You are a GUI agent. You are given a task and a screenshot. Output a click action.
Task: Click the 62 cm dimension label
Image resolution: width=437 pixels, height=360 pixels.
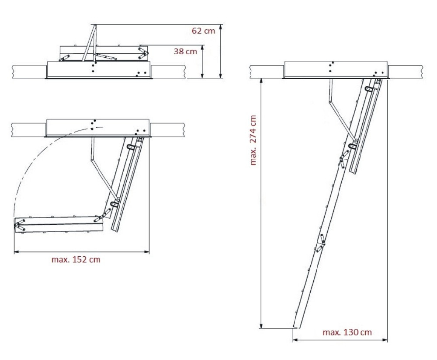(204, 31)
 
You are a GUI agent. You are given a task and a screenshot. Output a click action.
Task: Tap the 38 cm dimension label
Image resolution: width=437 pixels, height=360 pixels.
(185, 51)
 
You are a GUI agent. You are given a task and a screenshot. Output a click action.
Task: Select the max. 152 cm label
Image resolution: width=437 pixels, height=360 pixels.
(76, 259)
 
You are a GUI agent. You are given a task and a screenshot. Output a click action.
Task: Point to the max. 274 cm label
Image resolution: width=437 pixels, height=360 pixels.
(253, 140)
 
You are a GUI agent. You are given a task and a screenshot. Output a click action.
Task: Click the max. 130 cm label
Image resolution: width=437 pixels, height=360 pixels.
(347, 332)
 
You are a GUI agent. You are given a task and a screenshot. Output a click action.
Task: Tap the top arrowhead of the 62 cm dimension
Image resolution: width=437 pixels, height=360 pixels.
(220, 27)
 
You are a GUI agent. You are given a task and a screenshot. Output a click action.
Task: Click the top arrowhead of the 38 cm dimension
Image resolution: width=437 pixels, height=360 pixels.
(202, 48)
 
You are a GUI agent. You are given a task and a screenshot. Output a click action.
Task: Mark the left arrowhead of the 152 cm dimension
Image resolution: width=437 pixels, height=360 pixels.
(17, 252)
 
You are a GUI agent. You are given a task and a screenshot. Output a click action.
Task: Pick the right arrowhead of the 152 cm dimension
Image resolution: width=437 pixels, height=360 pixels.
(146, 252)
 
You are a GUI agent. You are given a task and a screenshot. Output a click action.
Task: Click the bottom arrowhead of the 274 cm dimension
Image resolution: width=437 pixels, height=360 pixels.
(261, 326)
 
